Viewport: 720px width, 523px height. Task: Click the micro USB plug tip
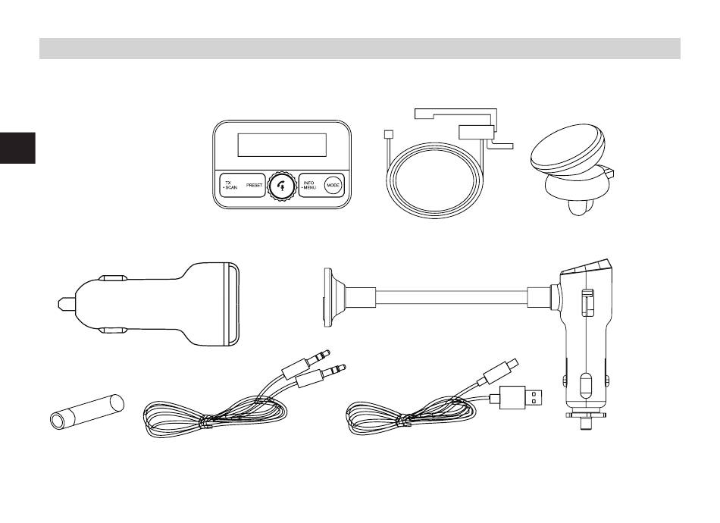point(512,363)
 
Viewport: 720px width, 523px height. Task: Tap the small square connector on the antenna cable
point(388,135)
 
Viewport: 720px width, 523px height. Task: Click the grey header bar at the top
point(360,49)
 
